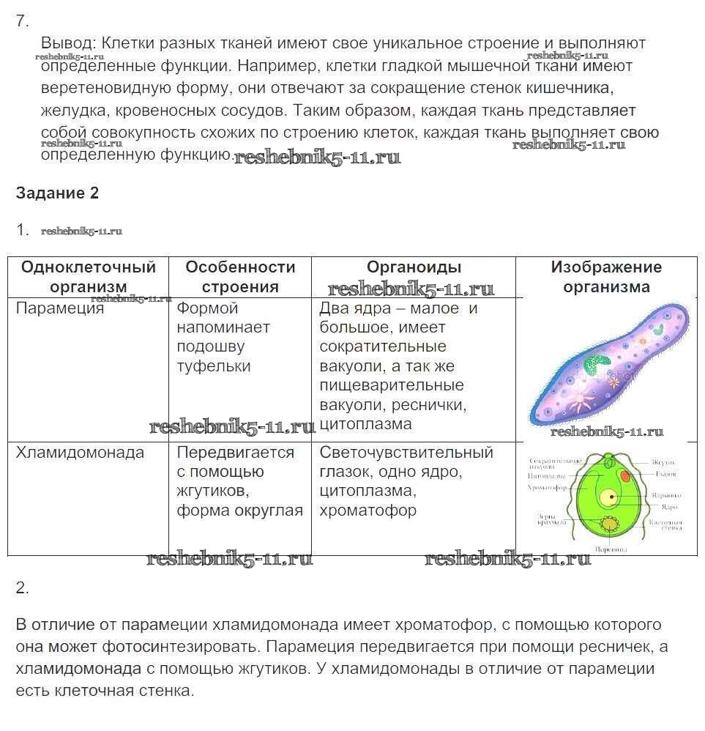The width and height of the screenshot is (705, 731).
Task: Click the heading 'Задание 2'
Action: (x=57, y=193)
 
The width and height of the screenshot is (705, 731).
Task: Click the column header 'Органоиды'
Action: (x=414, y=268)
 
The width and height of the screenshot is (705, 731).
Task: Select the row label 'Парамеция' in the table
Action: (x=60, y=308)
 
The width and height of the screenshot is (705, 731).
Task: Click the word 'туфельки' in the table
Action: (x=214, y=366)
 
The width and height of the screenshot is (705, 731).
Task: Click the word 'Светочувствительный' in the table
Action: (x=406, y=453)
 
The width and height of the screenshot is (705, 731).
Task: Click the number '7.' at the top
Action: (x=22, y=21)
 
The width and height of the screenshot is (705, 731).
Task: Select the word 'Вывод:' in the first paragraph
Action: (x=69, y=43)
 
